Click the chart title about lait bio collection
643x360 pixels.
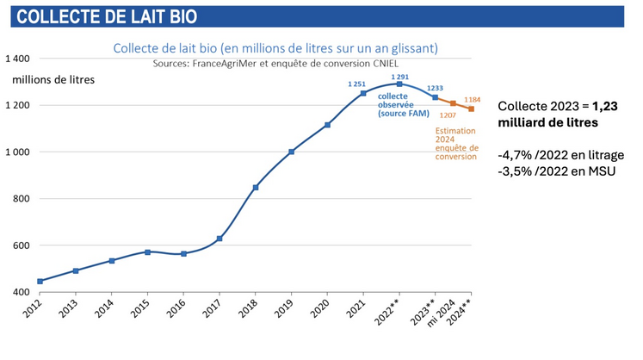[x=275, y=48]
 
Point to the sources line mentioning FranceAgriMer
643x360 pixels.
[x=275, y=64]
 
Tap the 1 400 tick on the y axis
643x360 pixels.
[x=17, y=59]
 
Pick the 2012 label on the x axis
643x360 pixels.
[x=34, y=310]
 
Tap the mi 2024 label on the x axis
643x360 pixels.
[x=445, y=313]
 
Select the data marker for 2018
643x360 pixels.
[x=256, y=187]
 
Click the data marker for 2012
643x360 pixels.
[x=40, y=281]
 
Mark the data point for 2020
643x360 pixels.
[x=327, y=125]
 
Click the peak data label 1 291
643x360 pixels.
[x=399, y=77]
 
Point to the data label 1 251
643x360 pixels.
[x=356, y=84]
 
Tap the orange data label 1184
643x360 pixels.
[x=472, y=100]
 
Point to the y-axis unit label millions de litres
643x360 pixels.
[x=53, y=80]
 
